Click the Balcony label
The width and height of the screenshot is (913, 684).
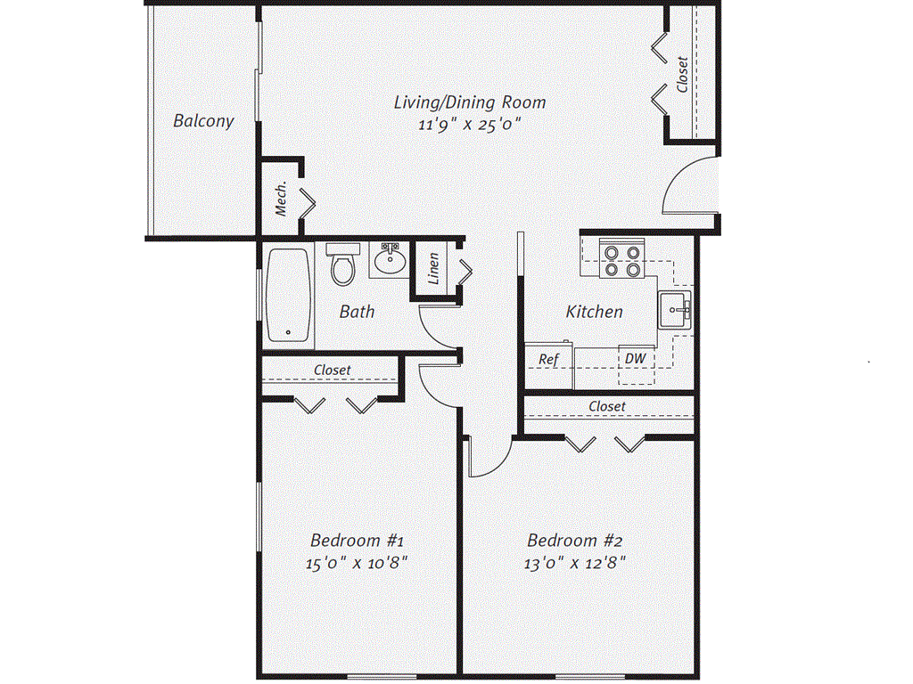point(203,121)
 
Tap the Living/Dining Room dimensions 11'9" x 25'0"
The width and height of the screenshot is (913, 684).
point(469,125)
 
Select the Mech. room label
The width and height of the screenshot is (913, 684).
point(281,199)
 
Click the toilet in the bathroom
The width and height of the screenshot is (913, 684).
point(343,265)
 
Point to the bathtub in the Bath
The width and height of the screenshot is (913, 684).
point(288,296)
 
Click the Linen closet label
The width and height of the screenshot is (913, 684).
point(434,269)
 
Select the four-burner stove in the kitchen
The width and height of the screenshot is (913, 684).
point(621,261)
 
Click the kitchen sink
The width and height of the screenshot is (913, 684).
point(675,310)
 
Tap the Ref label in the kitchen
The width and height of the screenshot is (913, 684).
point(548,360)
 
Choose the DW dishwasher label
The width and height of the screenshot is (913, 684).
point(635,358)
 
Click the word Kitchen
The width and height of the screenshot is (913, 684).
point(595,312)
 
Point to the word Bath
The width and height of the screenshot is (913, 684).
point(357,312)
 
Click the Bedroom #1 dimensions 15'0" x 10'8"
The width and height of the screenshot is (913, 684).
point(357,563)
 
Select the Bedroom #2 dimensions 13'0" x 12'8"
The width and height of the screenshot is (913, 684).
point(575,563)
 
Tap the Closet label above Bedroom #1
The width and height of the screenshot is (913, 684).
point(333,370)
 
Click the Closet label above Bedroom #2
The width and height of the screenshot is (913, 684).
point(607,406)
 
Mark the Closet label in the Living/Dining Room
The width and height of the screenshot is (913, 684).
point(683,75)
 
